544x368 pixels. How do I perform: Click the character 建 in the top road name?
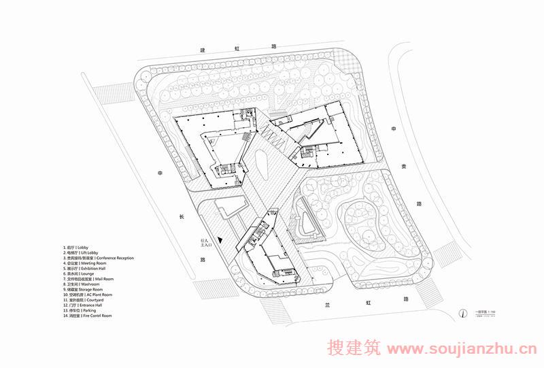pos(202,50)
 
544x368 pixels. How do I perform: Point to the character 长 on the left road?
pos(181,217)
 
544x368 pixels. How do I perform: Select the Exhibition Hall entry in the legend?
pos(88,269)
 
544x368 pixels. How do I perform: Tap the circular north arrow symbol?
pos(462,312)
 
